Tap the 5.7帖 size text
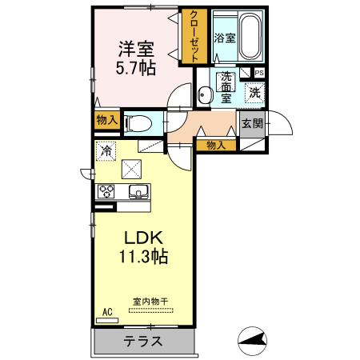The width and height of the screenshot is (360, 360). pos(135,70)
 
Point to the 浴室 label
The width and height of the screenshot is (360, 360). pos(226,38)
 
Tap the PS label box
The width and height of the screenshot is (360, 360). pos(258,71)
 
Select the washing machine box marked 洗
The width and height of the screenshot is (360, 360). pos(254,92)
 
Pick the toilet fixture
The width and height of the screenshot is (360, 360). pos(138,123)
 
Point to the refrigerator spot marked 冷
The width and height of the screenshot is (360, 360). pos(106,150)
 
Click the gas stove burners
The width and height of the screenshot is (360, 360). pos(107,191)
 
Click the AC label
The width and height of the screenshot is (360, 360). pos(106,313)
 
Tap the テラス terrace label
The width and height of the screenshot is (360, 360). pos(143,341)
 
